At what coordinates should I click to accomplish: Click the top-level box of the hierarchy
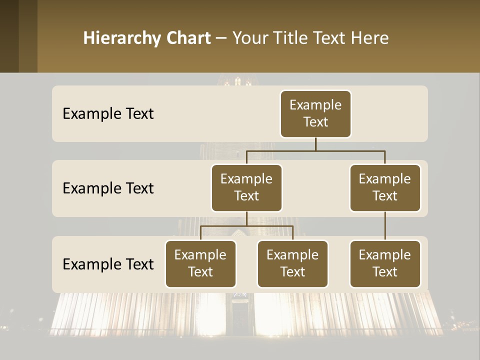click(315, 114)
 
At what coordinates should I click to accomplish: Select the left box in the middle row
click(246, 188)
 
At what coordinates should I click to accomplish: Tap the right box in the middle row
click(385, 188)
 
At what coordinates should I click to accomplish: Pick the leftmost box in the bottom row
click(200, 264)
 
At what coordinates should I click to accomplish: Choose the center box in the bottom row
click(292, 264)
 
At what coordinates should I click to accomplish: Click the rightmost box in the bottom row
click(385, 264)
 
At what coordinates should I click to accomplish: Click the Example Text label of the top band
click(108, 114)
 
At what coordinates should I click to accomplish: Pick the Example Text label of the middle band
click(108, 188)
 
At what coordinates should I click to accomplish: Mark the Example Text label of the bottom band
click(108, 264)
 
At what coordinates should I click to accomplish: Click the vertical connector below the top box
click(315, 144)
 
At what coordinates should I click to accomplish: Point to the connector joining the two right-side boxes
click(385, 226)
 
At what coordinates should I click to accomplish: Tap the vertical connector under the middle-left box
click(246, 218)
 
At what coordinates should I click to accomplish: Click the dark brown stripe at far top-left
click(9, 36)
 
